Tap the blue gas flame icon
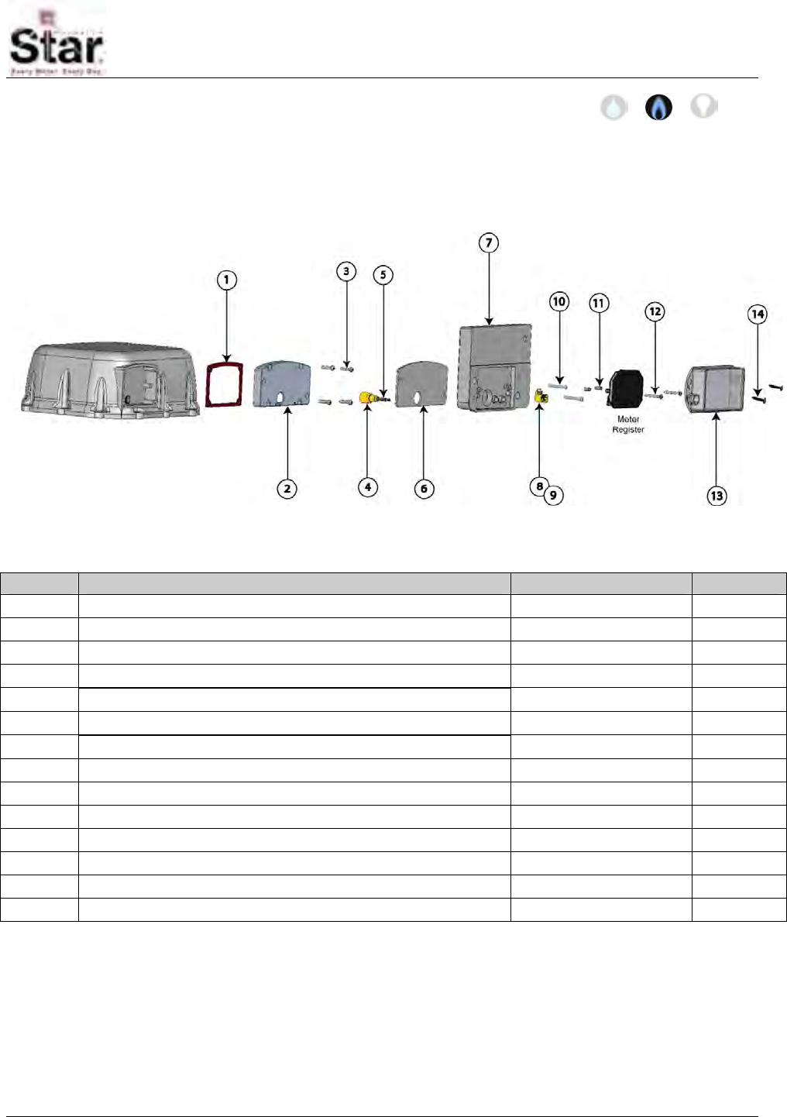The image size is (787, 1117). point(658,107)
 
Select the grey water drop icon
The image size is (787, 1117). point(613,107)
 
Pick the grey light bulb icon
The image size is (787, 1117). point(703,105)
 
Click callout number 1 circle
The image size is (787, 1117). point(226,280)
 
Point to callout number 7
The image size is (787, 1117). point(488,243)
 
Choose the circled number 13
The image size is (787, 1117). point(717,496)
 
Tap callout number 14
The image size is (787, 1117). point(758,314)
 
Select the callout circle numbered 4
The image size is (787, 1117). point(368,487)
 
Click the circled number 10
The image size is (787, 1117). point(559,301)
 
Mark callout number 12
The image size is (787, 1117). point(655,311)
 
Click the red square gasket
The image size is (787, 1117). point(225,384)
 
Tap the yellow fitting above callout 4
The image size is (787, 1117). point(369,397)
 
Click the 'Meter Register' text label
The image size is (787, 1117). point(628,424)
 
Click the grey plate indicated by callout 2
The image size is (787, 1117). point(282,383)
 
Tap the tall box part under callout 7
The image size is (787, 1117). point(494,366)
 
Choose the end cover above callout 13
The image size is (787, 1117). point(716,390)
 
